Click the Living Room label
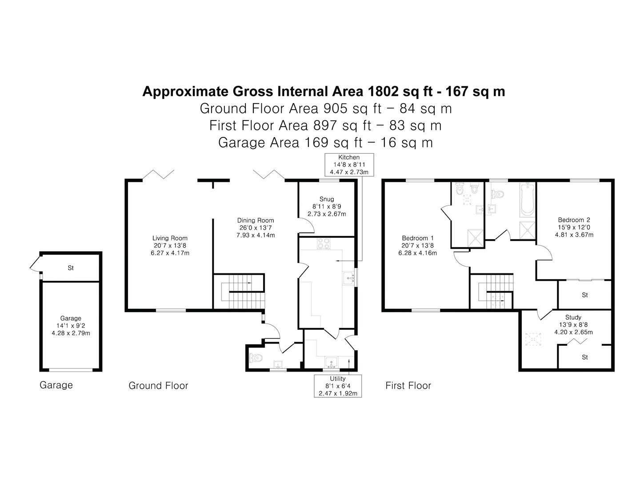tap(170, 238)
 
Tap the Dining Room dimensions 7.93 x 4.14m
tap(256, 235)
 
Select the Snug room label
tap(327, 199)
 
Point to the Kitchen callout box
tap(349, 164)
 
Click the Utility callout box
tap(338, 386)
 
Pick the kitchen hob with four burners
tap(324, 244)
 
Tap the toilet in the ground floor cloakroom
tap(256, 358)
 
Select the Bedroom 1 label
tap(417, 238)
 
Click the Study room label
tap(573, 317)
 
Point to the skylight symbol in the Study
tap(533, 339)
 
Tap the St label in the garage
tap(71, 268)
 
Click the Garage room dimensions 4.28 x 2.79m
tap(71, 333)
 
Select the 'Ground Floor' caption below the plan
tap(158, 386)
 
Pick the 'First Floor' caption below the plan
tap(408, 386)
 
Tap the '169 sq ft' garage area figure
tap(333, 143)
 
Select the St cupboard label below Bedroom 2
tap(584, 295)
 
